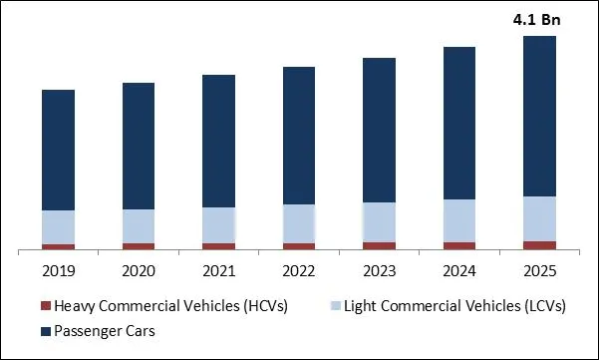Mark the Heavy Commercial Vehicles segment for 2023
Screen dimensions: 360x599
(x=380, y=245)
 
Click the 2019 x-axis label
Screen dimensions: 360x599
(x=59, y=270)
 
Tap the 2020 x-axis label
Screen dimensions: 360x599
(x=139, y=270)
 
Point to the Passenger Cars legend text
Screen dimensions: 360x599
(x=105, y=330)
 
